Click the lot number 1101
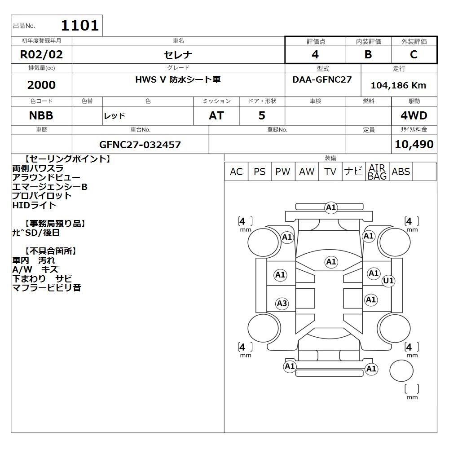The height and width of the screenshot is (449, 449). pyautogui.click(x=80, y=26)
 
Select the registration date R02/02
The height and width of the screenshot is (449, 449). pyautogui.click(x=41, y=54)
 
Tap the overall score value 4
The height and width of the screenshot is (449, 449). pyautogui.click(x=315, y=54)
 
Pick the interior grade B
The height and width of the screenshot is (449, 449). pyautogui.click(x=368, y=54)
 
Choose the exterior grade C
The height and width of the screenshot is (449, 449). pyautogui.click(x=414, y=54)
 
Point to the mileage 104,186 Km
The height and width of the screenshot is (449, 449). pyautogui.click(x=399, y=85)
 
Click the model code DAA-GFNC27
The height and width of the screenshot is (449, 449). pyautogui.click(x=322, y=79)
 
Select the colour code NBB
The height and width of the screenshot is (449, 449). pyautogui.click(x=41, y=116)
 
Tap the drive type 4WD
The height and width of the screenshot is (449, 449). pyautogui.click(x=414, y=116)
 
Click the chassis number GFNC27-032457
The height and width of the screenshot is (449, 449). pyautogui.click(x=140, y=145)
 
